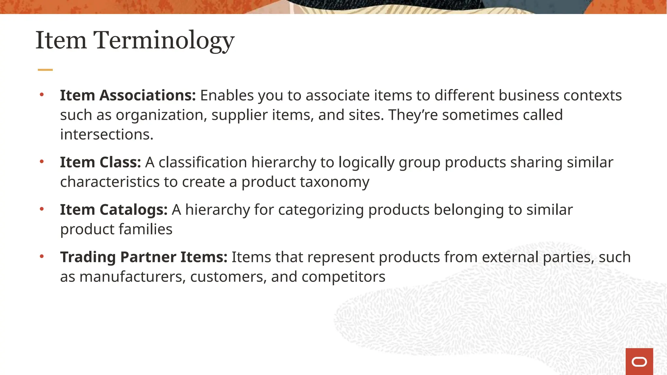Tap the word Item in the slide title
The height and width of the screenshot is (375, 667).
click(x=61, y=41)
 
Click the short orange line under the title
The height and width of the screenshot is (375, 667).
click(x=45, y=70)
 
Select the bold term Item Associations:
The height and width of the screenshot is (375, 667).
click(x=128, y=95)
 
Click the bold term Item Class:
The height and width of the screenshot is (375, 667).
click(x=100, y=162)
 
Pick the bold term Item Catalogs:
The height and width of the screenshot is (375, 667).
click(x=114, y=210)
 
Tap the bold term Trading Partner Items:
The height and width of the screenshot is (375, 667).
click(x=144, y=257)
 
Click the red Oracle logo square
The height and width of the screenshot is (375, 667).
click(x=639, y=361)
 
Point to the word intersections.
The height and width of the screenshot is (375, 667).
click(x=106, y=134)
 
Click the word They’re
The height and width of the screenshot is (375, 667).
click(x=413, y=115)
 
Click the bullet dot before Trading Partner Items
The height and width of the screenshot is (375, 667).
click(x=42, y=257)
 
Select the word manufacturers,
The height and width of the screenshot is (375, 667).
click(x=133, y=277)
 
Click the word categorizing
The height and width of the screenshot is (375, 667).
click(x=321, y=210)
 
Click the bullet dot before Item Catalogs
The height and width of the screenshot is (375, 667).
click(x=42, y=209)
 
